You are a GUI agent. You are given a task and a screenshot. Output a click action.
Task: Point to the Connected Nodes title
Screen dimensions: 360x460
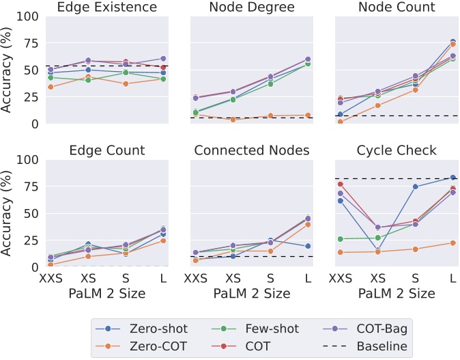pyautogui.click(x=252, y=150)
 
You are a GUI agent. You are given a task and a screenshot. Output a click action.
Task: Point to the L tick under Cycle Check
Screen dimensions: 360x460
pyautogui.click(x=452, y=278)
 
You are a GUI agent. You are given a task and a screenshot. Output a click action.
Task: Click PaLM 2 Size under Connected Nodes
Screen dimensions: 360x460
pyautogui.click(x=252, y=293)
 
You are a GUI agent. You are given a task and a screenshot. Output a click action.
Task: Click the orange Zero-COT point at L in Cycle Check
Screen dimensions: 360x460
pyautogui.click(x=452, y=243)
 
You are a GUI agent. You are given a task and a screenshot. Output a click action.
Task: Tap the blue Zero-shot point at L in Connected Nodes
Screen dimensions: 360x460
pyautogui.click(x=307, y=246)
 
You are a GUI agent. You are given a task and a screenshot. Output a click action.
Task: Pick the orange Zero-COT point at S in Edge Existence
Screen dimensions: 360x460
pyautogui.click(x=125, y=84)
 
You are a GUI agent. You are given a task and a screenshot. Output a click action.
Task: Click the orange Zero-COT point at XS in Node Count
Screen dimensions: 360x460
pyautogui.click(x=378, y=105)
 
